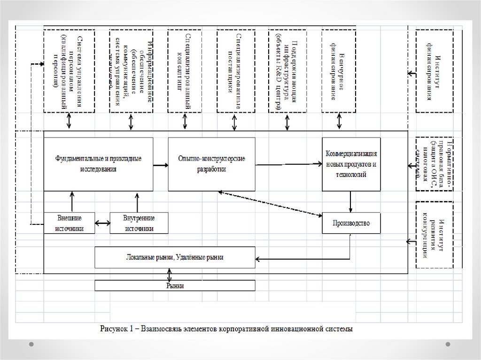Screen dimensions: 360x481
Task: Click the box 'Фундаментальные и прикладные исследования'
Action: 98,164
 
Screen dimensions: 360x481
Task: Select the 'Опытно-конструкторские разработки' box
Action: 211,164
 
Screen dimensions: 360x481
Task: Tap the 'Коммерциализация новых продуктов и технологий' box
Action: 351,164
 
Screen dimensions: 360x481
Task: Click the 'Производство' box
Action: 351,223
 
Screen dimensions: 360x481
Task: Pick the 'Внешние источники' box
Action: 70,223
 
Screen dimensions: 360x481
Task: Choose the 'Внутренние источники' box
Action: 139,223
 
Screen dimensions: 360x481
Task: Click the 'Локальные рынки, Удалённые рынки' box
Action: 175,257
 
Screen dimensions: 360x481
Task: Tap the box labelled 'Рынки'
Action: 175,285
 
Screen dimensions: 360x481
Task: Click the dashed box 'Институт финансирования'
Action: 434,71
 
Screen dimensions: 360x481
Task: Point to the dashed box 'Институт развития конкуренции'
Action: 434,235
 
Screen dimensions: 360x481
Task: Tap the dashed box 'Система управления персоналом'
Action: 69,71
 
